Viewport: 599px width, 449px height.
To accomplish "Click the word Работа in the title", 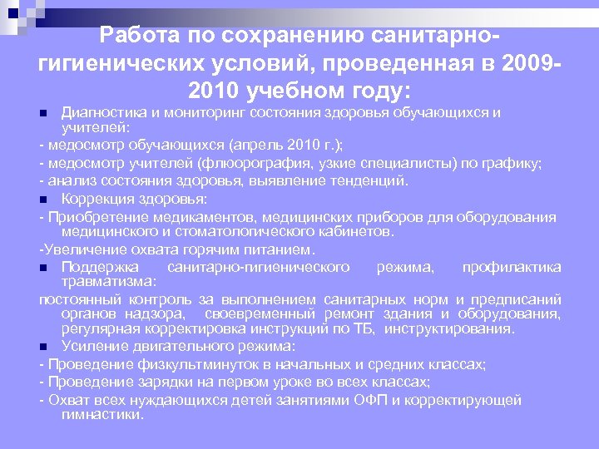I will click(135, 36).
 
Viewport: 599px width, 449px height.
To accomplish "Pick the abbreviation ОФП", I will click(374, 400).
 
